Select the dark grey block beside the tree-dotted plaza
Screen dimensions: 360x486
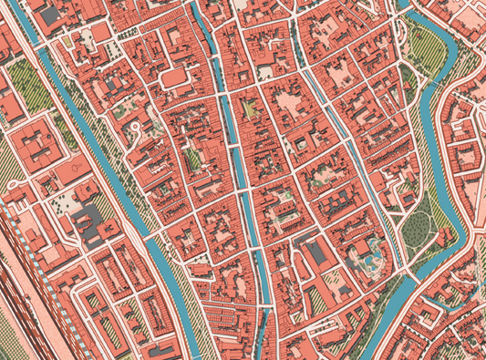point(89,219)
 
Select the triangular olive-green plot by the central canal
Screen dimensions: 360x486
point(247,110)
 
